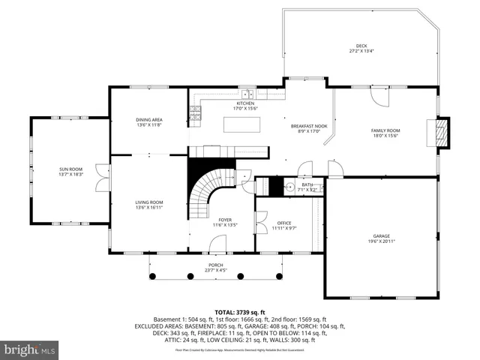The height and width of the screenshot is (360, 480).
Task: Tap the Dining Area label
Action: (149, 120)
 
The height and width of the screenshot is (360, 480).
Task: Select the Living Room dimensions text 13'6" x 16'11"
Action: (149, 207)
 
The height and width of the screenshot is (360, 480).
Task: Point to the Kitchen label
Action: (245, 103)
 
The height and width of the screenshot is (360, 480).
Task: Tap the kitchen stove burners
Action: (195, 112)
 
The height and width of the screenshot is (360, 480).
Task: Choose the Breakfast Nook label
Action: (309, 126)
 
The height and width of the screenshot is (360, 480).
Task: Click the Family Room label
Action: (385, 130)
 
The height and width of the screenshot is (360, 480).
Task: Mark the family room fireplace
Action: (442, 133)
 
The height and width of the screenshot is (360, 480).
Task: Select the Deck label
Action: (361, 46)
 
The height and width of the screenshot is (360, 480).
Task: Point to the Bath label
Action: (307, 184)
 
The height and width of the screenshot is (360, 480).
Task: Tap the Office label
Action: (283, 223)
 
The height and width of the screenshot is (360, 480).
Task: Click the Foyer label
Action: (225, 220)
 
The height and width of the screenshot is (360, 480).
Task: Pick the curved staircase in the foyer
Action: (202, 192)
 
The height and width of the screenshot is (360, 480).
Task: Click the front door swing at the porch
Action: (217, 244)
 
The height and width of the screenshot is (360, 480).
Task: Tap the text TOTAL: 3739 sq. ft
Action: (239, 312)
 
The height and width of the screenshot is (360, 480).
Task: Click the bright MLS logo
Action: (29, 349)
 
